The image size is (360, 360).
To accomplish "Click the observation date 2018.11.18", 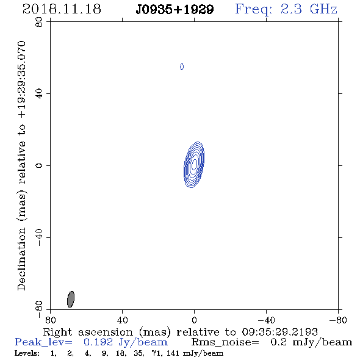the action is pos(62,9).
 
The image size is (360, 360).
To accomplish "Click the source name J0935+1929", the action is pos(175,10).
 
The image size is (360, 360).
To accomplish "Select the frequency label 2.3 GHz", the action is pos(309,9).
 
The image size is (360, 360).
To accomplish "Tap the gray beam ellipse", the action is pos(71,299).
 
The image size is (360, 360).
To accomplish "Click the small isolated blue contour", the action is pos(182,67).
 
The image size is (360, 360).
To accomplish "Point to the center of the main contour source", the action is pos(194,165).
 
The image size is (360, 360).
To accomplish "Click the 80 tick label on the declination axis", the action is pos(39,22).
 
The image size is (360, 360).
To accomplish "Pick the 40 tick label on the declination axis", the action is pos(39,94).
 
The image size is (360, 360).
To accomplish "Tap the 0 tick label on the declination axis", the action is pos(39,165).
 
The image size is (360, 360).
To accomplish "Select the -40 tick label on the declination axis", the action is pos(39,237).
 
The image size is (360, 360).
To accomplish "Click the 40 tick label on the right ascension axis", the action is pos(122,320).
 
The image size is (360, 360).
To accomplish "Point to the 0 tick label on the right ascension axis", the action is pos(194,320).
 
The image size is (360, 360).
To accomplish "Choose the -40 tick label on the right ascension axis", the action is pos(266,320).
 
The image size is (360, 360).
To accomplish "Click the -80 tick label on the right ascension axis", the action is pos(338,320).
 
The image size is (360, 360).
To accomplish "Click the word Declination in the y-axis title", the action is pos(21,259).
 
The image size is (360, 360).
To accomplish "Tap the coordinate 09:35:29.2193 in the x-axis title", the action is pos(279,332).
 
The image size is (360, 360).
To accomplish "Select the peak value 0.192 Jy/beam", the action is pos(126,342).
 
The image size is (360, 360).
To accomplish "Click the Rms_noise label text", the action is pos(225,342).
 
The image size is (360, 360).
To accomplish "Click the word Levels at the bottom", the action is pos(27,353).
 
